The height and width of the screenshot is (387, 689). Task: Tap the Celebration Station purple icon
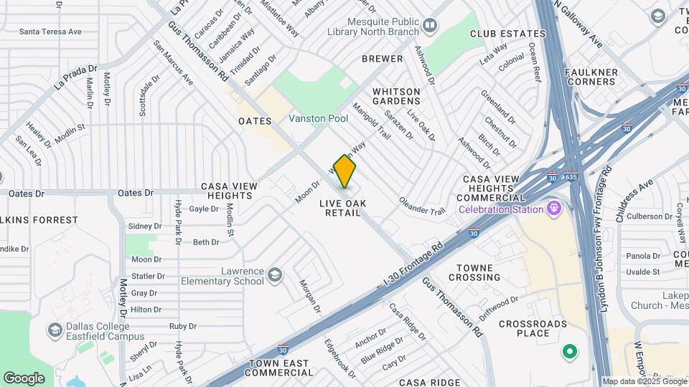point(553,209)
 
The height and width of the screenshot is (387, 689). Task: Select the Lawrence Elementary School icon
point(275,275)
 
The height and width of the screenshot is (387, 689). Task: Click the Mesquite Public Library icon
point(430,27)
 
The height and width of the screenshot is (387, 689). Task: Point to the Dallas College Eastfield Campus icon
point(55,330)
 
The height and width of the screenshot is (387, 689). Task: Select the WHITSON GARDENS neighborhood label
point(396,97)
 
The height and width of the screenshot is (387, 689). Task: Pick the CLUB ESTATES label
point(508,34)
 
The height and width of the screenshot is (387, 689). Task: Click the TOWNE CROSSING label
point(474,272)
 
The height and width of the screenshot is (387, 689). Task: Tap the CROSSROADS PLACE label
point(533,328)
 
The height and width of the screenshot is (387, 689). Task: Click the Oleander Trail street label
point(423,204)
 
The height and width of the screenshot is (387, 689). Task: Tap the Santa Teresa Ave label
point(50,32)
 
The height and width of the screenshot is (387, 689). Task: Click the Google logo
point(24,378)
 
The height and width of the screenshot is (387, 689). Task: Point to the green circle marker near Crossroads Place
point(570,352)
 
